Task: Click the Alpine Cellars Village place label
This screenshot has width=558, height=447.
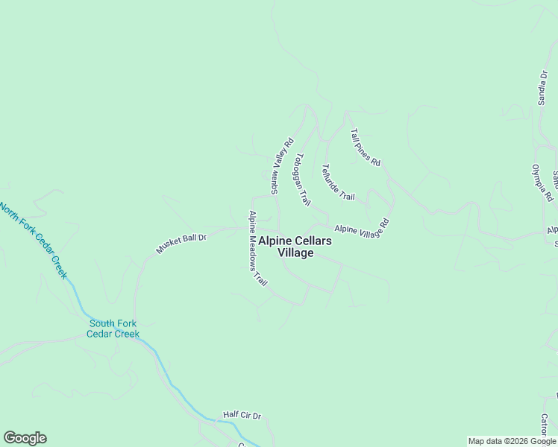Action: (x=295, y=247)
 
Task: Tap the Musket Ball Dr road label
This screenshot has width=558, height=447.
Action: (x=181, y=243)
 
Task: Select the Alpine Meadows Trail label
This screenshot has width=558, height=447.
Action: (x=258, y=249)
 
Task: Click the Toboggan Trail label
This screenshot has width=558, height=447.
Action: (x=302, y=179)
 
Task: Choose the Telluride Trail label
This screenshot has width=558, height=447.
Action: (x=338, y=182)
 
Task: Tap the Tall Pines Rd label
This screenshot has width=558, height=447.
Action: (x=366, y=147)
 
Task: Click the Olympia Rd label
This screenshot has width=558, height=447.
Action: (x=542, y=183)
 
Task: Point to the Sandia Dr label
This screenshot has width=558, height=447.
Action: (x=543, y=89)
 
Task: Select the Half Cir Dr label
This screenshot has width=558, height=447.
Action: (x=242, y=415)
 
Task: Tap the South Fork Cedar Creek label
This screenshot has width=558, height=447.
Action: (x=113, y=329)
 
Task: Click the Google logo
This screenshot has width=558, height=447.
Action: (x=25, y=438)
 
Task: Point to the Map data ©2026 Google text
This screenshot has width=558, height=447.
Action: (x=512, y=441)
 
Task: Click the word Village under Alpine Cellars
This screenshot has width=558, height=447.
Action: (x=295, y=253)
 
